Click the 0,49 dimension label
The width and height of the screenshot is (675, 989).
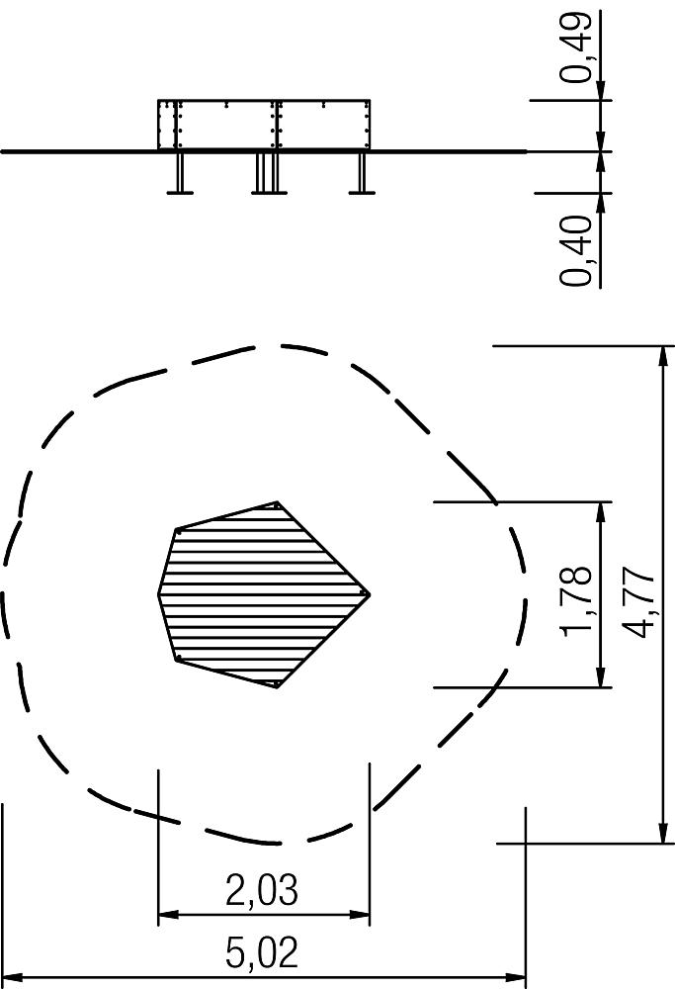(x=577, y=47)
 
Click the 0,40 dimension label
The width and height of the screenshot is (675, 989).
(x=577, y=250)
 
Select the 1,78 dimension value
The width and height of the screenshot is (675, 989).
(x=577, y=601)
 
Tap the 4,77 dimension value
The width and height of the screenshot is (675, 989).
(x=637, y=602)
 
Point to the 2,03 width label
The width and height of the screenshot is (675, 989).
(x=262, y=889)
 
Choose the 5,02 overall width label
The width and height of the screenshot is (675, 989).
(x=262, y=952)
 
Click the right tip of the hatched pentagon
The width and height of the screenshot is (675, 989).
(x=370, y=594)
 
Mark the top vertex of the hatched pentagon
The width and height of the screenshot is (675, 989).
(x=278, y=502)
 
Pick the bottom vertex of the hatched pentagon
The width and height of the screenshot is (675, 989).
(x=278, y=687)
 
